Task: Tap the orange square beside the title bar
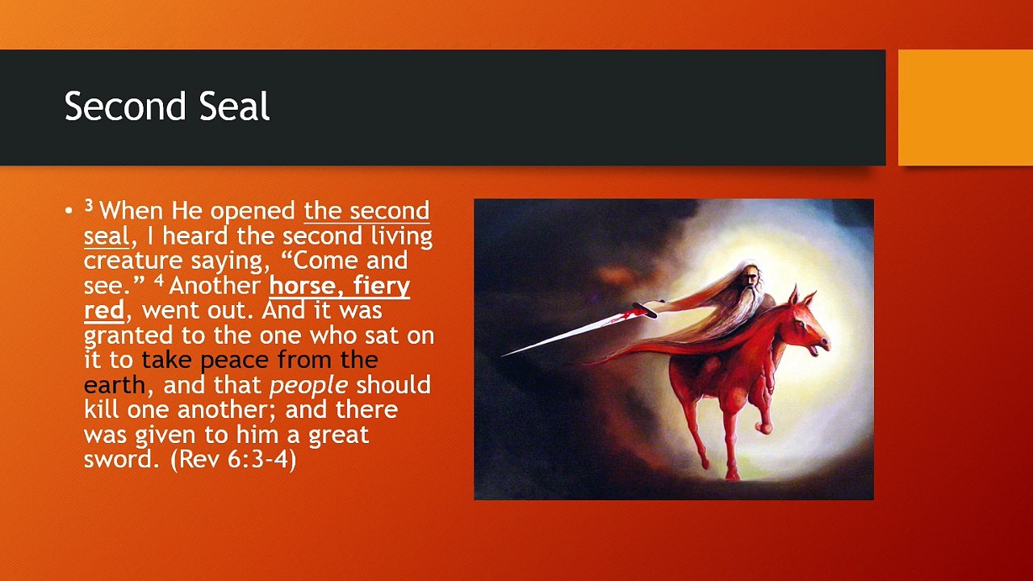965,107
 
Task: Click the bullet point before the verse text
69,211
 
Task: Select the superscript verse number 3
89,207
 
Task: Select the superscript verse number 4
159,281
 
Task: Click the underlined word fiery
381,286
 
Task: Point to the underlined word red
103,311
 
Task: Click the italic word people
308,386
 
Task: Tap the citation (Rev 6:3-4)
233,459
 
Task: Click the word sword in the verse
118,459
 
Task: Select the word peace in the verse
235,360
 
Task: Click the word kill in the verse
102,409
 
